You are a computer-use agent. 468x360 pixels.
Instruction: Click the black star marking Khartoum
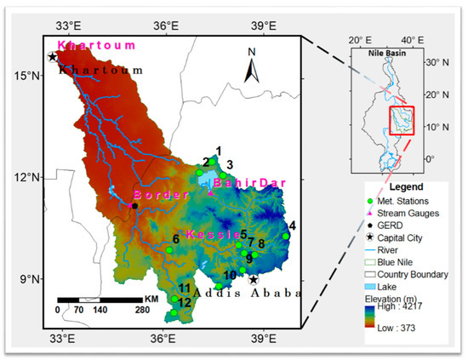click(x=53, y=57)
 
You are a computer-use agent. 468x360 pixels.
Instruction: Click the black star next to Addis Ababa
click(x=253, y=279)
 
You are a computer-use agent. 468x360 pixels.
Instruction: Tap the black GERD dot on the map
click(x=134, y=205)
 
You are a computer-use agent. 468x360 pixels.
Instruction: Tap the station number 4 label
click(x=292, y=226)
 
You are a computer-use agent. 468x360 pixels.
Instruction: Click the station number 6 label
click(x=175, y=239)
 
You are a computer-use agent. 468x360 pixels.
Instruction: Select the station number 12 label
click(x=185, y=303)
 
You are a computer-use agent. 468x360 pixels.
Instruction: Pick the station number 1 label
click(x=218, y=151)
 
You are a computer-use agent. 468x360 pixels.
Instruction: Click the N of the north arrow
click(x=252, y=52)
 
